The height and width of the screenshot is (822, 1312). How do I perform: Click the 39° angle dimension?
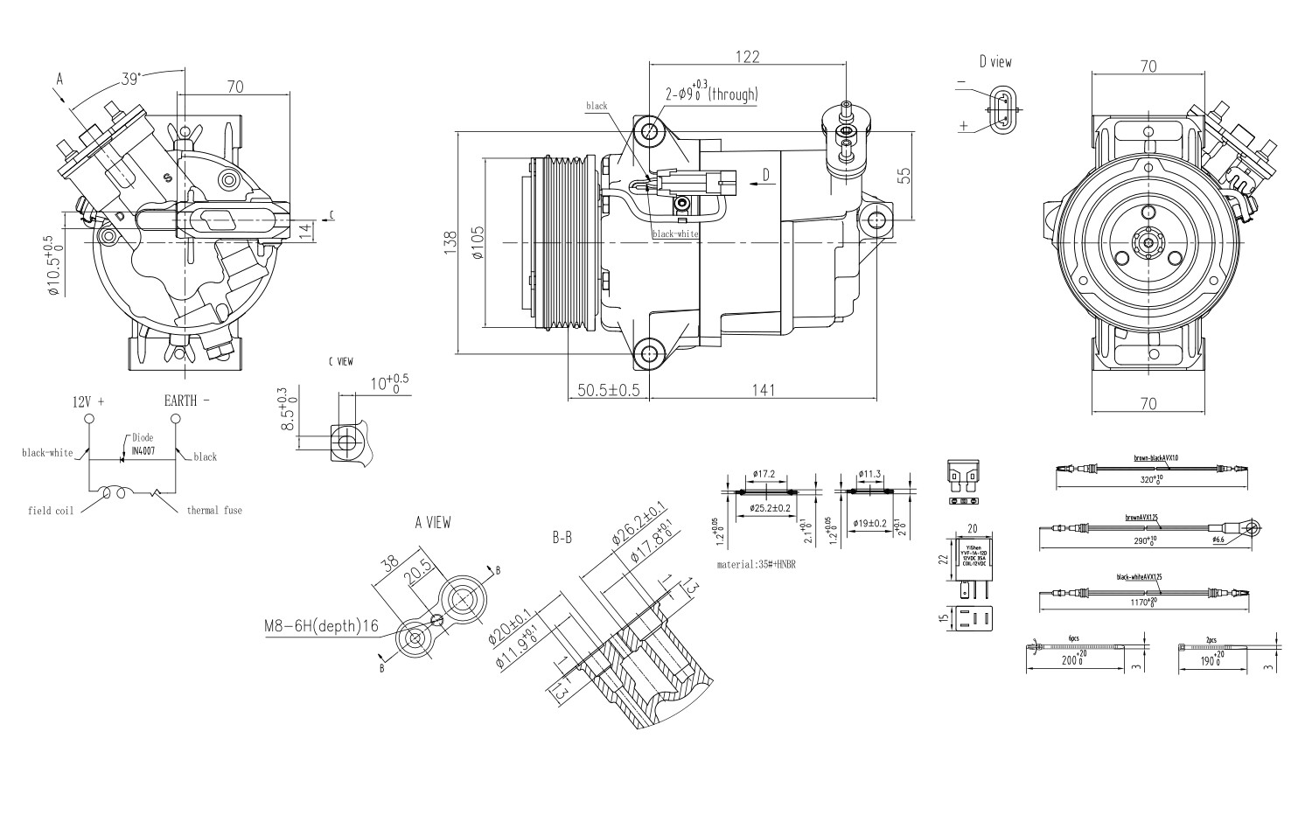point(130,79)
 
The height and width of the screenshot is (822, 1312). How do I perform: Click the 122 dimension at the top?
point(746,57)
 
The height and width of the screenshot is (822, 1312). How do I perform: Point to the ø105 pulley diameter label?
point(478,242)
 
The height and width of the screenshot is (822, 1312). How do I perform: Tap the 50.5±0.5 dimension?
point(609,390)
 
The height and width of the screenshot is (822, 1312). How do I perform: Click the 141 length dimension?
point(764,390)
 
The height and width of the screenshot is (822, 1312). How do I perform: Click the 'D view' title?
point(995,62)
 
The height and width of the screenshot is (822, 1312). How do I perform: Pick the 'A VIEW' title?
point(433,523)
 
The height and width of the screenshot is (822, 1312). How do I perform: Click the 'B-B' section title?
point(562,539)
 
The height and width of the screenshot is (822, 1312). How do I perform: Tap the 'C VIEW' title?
point(340,361)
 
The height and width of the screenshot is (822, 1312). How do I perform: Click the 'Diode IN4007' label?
point(143,442)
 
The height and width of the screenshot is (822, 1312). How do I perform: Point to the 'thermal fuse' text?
point(214,510)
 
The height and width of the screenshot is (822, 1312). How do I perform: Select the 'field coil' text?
point(51,510)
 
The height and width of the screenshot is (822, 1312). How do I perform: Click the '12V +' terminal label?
point(88,401)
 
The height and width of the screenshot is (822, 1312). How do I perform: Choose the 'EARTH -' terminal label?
point(187,401)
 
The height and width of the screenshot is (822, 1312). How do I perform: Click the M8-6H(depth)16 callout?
point(321,626)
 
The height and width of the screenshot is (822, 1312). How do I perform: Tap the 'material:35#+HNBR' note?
point(756,565)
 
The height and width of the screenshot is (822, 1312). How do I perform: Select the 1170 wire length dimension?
point(1141,603)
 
